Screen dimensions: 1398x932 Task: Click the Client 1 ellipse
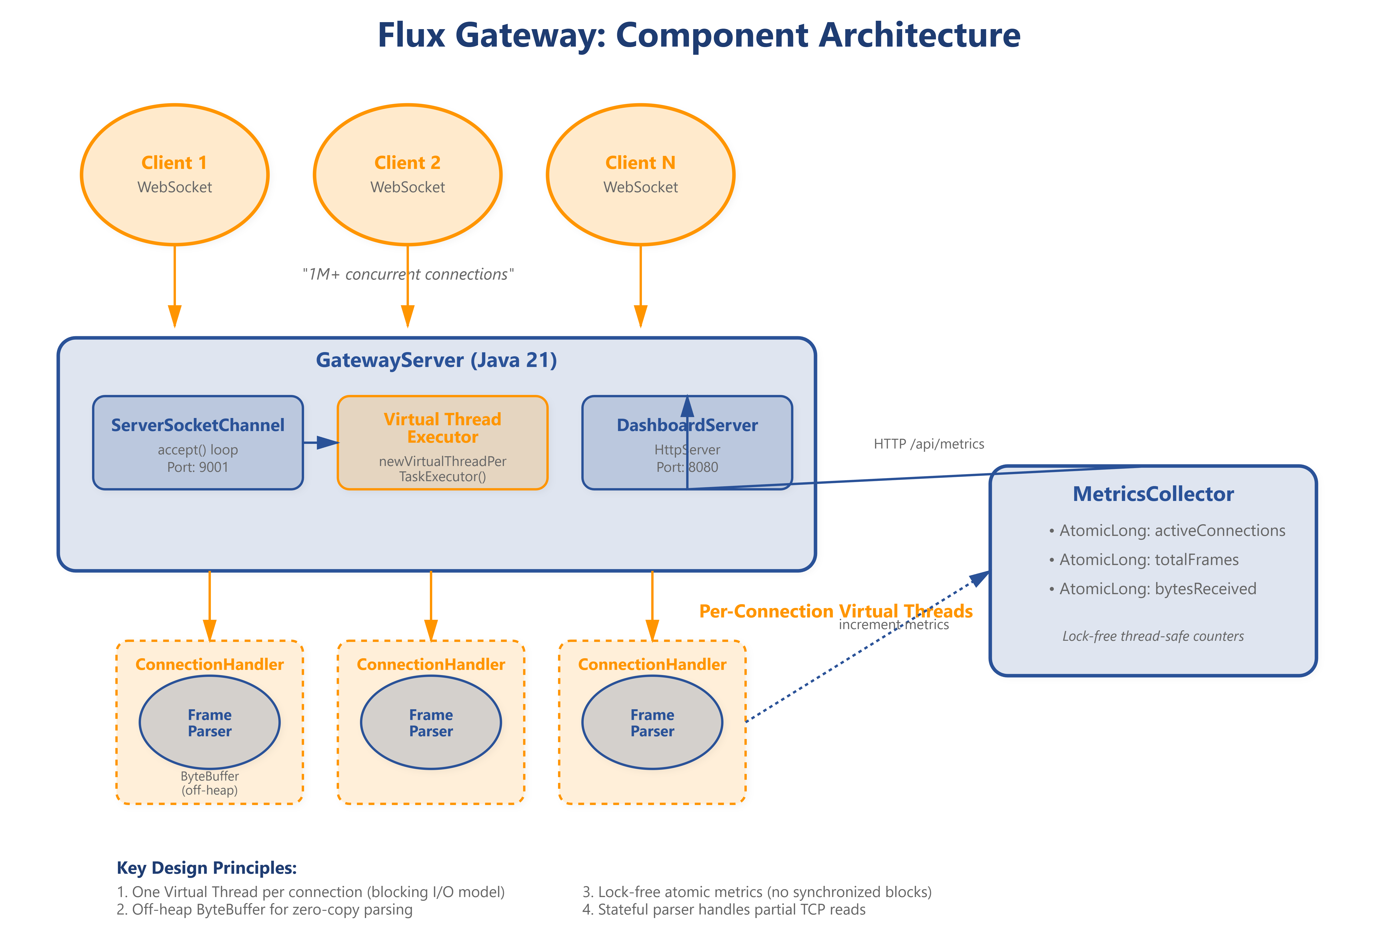click(175, 175)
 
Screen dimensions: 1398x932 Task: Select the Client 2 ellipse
click(408, 175)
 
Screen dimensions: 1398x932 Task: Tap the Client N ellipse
click(641, 175)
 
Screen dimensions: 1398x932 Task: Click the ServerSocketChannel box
click(198, 443)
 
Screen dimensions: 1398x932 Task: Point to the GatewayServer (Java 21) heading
click(436, 360)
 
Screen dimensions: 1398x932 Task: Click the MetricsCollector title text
click(1153, 494)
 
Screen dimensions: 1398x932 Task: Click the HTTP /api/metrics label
click(929, 444)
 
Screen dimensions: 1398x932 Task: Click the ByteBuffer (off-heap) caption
click(210, 783)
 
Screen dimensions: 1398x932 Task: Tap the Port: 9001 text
click(198, 467)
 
